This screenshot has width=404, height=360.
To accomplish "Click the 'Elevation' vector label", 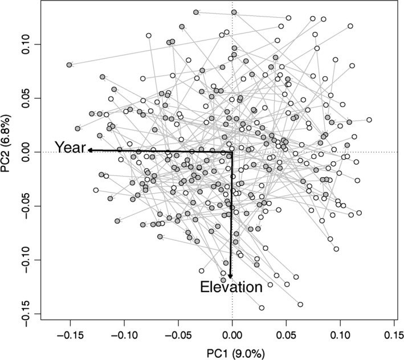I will (231, 287).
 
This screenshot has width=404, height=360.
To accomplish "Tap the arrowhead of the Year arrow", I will (89, 150).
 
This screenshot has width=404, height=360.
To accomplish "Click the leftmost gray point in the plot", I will (70, 65).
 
